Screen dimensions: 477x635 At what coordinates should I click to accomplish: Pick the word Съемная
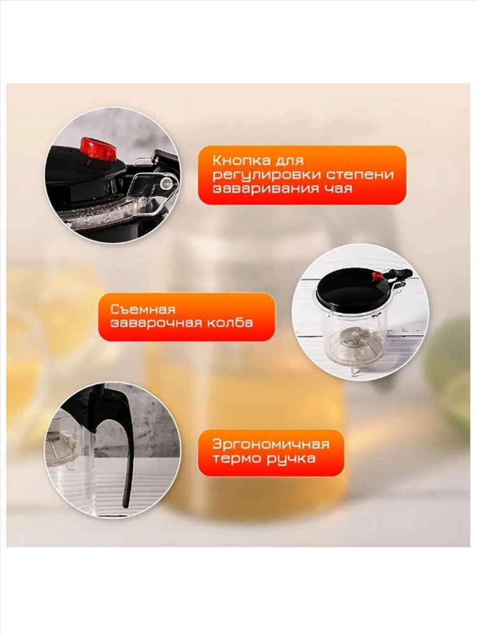click(x=142, y=309)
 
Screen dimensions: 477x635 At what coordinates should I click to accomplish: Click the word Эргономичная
click(x=270, y=444)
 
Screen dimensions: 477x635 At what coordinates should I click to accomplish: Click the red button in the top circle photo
click(x=98, y=149)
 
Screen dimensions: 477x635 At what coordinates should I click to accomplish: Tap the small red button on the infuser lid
click(x=378, y=276)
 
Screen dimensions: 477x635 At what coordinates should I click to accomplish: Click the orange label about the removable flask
click(x=186, y=316)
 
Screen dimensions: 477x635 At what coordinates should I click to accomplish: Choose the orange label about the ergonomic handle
click(x=271, y=453)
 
